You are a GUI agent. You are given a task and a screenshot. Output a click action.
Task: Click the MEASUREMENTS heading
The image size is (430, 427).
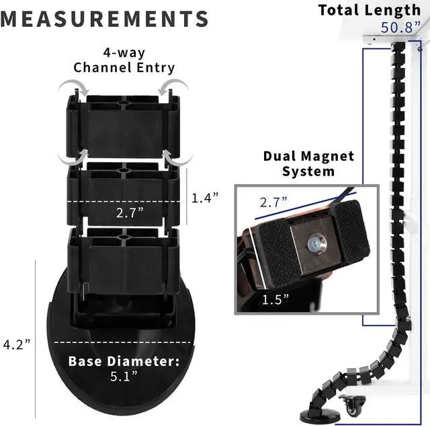[105, 17]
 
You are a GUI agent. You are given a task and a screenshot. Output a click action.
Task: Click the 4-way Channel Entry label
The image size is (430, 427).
[124, 61]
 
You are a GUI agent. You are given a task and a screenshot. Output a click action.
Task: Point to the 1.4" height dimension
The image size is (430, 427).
[206, 198]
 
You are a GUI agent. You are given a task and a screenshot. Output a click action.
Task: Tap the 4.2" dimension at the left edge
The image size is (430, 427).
[17, 344]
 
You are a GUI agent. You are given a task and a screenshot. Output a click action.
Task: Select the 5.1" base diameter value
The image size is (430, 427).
[124, 377]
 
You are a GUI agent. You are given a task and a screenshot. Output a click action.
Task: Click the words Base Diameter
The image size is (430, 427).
[124, 361]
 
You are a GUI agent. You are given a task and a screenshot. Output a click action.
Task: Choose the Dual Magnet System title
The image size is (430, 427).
[308, 163]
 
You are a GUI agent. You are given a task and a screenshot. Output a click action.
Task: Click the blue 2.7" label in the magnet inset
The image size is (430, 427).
[274, 200]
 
